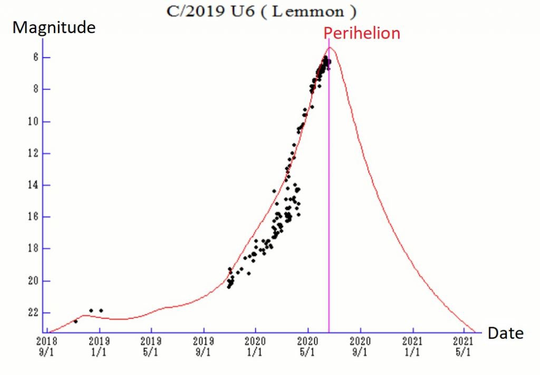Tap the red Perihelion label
tap(362, 33)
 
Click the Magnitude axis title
tap(54, 27)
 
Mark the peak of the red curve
tap(330, 47)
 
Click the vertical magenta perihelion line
tap(329, 211)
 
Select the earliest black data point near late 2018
tap(75, 321)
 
